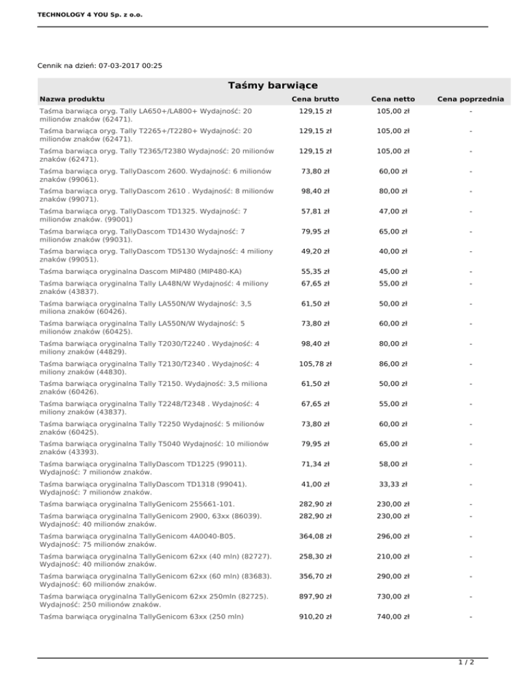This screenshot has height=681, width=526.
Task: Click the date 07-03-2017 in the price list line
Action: pos(121,66)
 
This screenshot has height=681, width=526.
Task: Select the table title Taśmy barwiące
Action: pos(272,86)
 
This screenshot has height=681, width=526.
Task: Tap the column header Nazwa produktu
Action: pos(72,99)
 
